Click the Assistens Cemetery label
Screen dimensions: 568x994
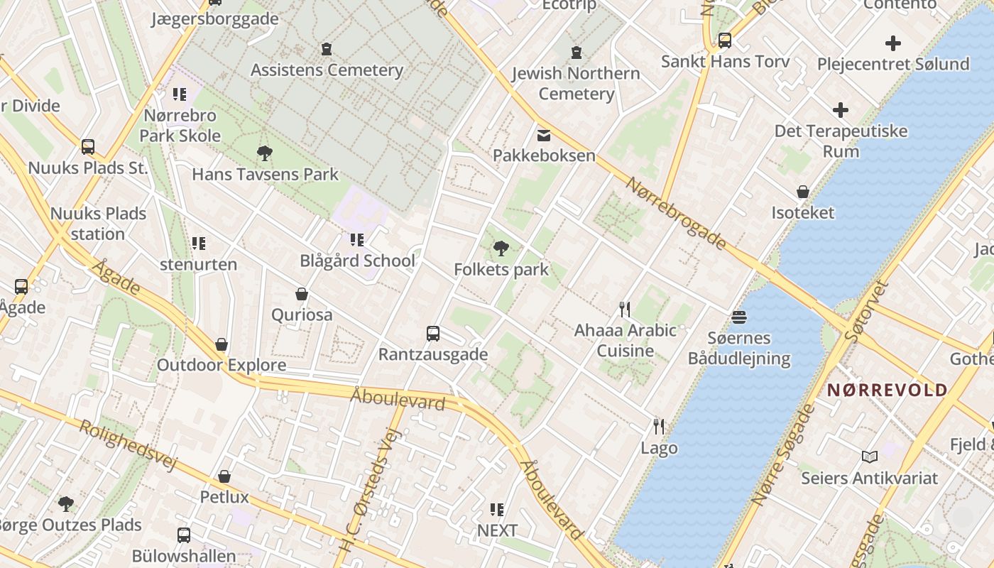(327, 70)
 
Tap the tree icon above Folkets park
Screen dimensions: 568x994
(501, 248)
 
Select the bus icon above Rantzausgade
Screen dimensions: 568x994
(433, 333)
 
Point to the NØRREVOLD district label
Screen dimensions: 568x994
(887, 390)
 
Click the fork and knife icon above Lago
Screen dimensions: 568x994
(659, 426)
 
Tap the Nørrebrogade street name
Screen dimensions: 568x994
(676, 213)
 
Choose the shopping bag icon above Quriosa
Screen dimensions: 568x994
(302, 294)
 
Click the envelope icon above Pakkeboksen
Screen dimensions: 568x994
(544, 135)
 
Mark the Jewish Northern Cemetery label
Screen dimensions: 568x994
(576, 83)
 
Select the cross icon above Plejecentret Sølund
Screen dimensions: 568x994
(893, 43)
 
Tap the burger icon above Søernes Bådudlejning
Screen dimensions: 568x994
(739, 317)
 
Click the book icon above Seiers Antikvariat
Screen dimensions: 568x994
(870, 457)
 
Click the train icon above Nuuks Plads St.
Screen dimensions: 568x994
(88, 147)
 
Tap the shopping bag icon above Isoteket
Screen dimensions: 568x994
(803, 192)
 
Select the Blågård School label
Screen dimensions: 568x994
(357, 261)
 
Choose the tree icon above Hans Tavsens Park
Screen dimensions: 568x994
(265, 153)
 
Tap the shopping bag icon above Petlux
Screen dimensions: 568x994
(224, 476)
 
